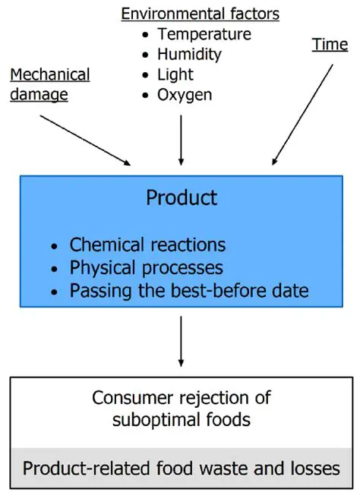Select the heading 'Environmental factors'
click(201, 13)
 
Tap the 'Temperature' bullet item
click(204, 33)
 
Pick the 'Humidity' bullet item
click(189, 54)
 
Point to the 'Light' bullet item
click(175, 74)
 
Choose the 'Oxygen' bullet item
click(185, 95)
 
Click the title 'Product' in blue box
click(182, 198)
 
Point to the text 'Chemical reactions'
click(147, 245)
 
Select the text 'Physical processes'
click(146, 267)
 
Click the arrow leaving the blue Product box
click(181, 340)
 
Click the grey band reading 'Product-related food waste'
click(181, 468)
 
